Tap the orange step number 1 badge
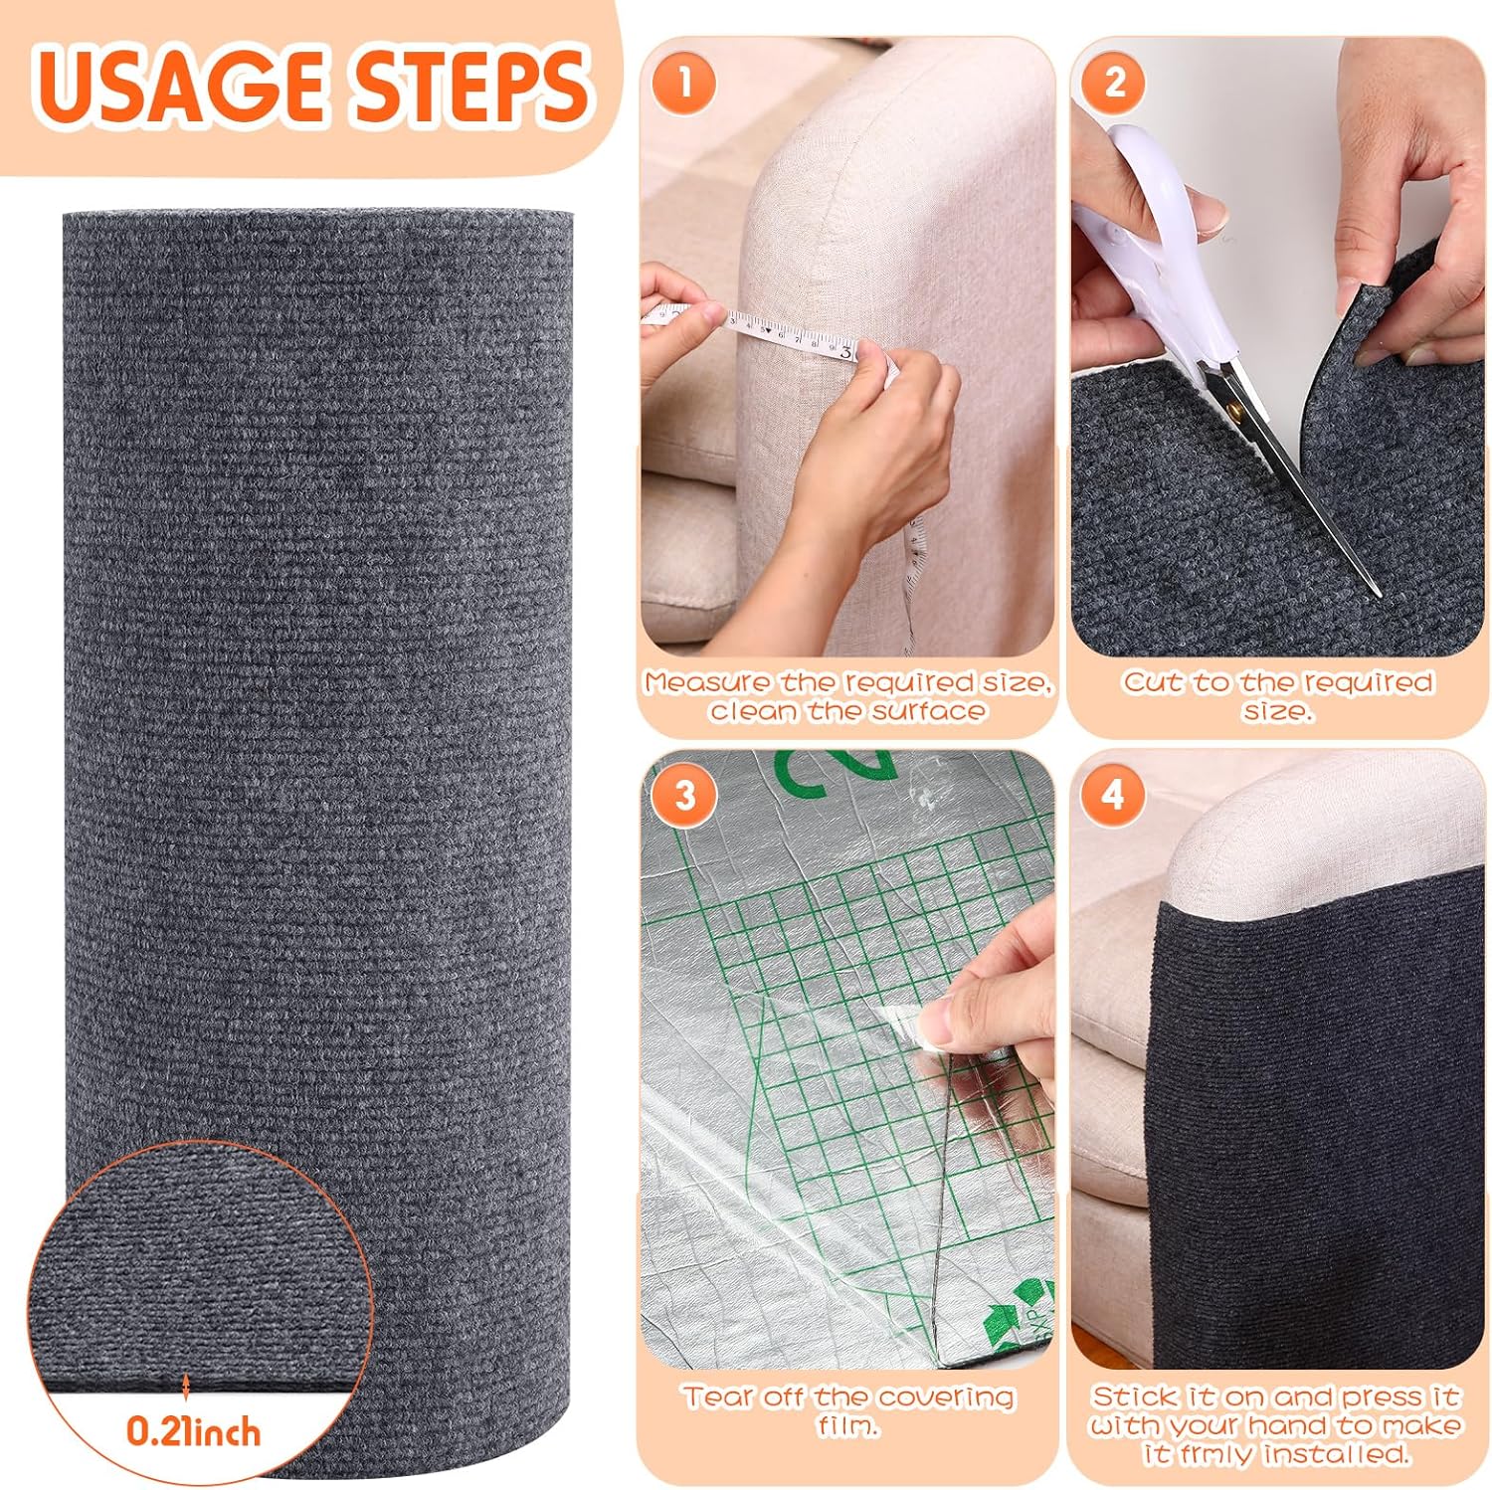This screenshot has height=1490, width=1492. (x=683, y=83)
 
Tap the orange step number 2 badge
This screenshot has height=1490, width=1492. (x=1114, y=83)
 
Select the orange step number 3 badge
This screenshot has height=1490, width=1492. (x=684, y=796)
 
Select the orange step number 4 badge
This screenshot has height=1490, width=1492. (x=1113, y=796)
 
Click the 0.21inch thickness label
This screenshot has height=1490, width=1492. (x=193, y=1432)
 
